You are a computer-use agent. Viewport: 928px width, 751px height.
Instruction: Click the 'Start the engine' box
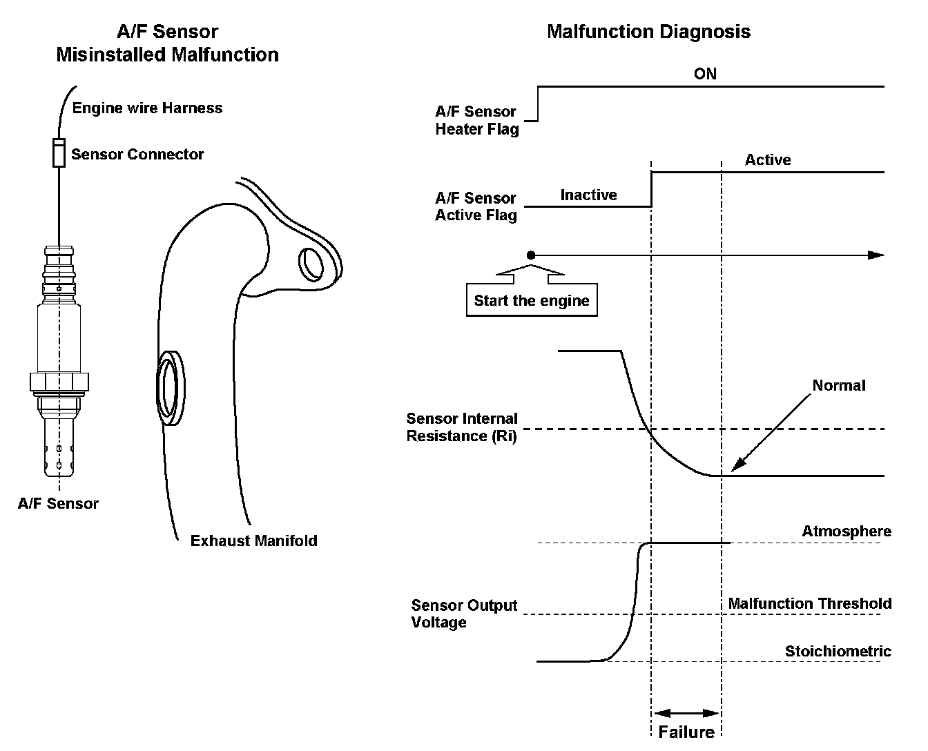point(531,300)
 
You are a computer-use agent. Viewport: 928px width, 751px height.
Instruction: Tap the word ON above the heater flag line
point(705,73)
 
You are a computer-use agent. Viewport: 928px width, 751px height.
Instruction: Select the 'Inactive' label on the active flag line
point(588,195)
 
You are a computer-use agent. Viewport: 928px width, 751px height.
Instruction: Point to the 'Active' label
point(768,160)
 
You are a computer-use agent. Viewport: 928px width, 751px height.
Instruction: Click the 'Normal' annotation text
point(838,385)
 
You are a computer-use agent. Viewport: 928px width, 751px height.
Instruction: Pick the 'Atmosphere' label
point(847,531)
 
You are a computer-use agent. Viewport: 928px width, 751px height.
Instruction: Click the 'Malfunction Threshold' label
point(810,604)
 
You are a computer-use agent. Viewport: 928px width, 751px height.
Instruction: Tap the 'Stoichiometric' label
point(838,652)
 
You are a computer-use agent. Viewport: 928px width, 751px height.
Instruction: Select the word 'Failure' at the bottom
point(686,732)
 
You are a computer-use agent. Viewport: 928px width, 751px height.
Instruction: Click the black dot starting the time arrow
point(530,255)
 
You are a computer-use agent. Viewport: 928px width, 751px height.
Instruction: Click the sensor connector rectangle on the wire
point(59,153)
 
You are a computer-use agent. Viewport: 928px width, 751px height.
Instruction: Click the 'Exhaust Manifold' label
point(253,540)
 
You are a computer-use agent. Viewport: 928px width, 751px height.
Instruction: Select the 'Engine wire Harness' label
point(147,108)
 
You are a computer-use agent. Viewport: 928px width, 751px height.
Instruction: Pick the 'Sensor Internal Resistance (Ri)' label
point(461,427)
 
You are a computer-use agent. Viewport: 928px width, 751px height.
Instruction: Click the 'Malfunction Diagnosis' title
point(648,32)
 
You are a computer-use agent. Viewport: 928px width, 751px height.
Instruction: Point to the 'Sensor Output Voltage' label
point(463,614)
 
